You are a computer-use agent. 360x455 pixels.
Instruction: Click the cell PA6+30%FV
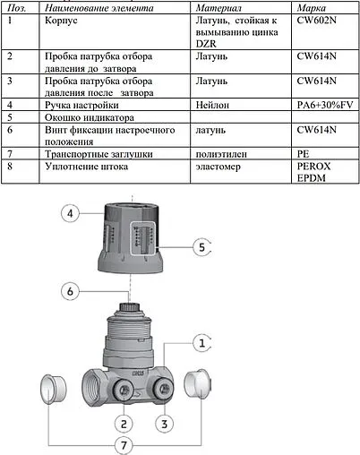coord(325,105)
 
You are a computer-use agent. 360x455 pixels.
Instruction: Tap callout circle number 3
coord(165,421)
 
